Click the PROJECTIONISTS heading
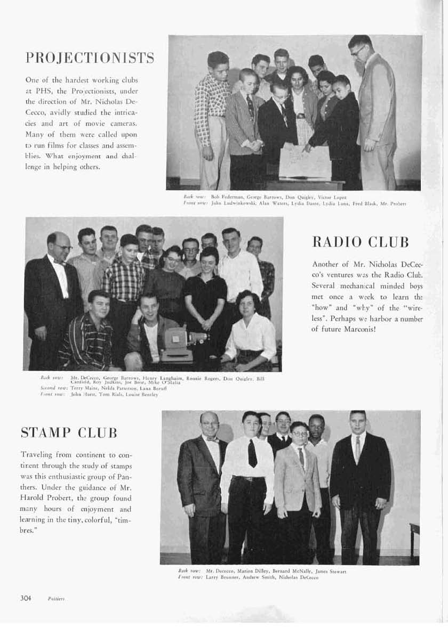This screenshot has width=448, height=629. [90, 58]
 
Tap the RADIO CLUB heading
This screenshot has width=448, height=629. [360, 242]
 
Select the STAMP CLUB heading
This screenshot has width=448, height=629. [69, 432]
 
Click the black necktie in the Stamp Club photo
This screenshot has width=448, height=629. [252, 454]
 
